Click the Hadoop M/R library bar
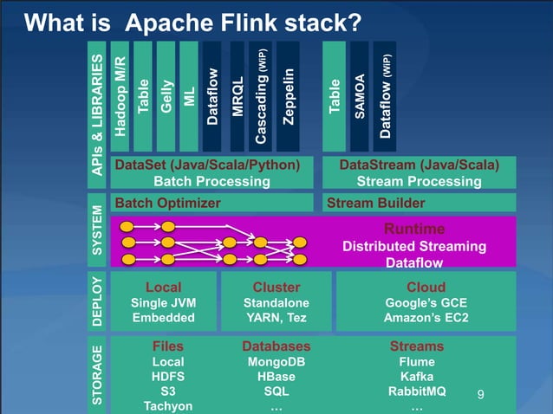click(x=120, y=95)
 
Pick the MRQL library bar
click(x=237, y=95)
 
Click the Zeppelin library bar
click(x=289, y=95)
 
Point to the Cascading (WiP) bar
click(x=262, y=95)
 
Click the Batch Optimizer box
click(x=212, y=203)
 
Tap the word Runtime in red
click(x=413, y=229)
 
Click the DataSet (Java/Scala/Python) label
click(x=207, y=165)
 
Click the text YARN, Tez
click(x=276, y=318)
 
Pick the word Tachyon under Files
click(x=168, y=406)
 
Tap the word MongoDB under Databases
click(x=276, y=362)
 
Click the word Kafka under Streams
click(x=417, y=377)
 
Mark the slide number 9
click(x=482, y=396)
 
